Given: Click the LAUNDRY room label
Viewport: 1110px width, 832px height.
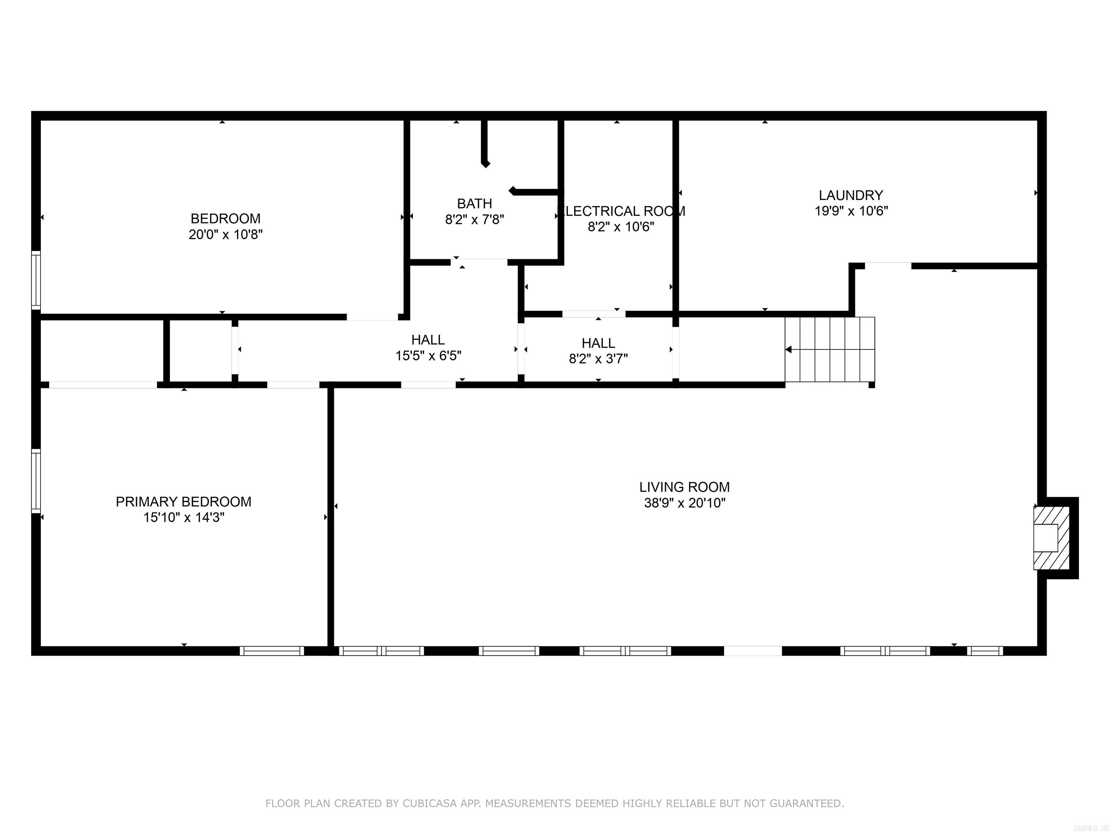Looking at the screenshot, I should (851, 195).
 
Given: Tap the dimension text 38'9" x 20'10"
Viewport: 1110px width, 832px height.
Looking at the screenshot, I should (684, 503).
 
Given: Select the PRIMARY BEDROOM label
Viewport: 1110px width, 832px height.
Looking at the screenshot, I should (183, 502).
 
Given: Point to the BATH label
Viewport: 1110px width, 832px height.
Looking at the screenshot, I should (474, 204).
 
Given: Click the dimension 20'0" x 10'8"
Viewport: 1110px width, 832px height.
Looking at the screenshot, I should (225, 234).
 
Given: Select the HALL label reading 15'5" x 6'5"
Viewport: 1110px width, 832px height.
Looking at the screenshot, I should (428, 340).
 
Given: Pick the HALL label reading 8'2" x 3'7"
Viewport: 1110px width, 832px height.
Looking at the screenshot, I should (598, 343).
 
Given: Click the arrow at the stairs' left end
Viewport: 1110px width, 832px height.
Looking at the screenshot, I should (788, 350).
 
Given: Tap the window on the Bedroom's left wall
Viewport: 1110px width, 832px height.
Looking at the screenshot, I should (36, 280).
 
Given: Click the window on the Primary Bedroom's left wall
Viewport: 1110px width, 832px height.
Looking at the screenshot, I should (36, 480).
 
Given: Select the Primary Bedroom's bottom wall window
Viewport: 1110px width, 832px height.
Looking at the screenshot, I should (271, 651).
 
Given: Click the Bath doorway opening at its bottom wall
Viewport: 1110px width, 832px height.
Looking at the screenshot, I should (479, 262).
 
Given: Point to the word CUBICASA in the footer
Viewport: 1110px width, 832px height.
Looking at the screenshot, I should (430, 803).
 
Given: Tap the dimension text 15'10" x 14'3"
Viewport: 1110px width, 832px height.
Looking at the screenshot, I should (183, 517).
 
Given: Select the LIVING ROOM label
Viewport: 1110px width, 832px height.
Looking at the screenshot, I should (684, 487).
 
